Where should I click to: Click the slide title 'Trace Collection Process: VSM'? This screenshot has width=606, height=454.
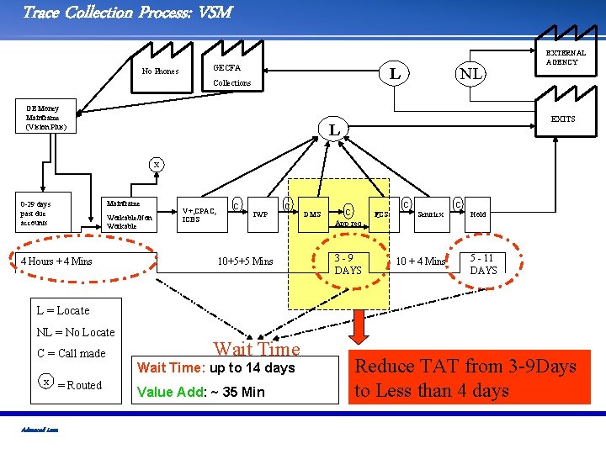point(126,12)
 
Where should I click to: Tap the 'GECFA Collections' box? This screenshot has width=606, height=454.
point(231,75)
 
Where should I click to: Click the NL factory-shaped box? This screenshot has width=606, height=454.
point(470,74)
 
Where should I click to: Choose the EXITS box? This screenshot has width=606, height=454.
point(562,119)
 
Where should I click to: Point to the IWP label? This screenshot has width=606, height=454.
point(261,214)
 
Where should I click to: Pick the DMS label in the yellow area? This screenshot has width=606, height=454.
point(311,214)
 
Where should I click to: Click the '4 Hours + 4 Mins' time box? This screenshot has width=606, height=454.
point(56,261)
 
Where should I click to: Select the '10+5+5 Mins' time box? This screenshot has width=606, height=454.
point(245,261)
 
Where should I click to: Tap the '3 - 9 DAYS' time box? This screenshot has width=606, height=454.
point(348,264)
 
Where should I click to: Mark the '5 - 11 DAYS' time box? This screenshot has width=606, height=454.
point(483,264)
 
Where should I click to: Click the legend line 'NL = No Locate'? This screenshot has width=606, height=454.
point(76,332)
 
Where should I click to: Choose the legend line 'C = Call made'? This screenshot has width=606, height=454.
point(72,353)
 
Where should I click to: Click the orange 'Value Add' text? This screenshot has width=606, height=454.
point(200,391)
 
